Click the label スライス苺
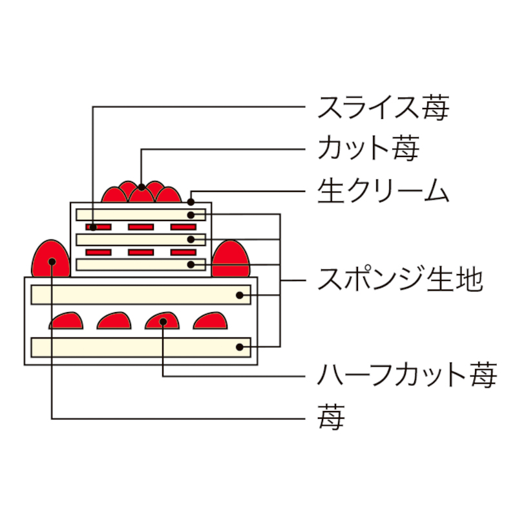click(x=383, y=107)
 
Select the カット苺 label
click(x=368, y=149)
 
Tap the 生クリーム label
click(x=383, y=191)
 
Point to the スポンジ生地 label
click(x=400, y=280)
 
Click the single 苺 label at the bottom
click(x=331, y=417)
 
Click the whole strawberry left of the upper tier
click(x=51, y=258)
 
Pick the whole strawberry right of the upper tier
click(x=231, y=258)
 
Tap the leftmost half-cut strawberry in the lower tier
click(x=66, y=321)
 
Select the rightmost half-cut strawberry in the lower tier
click(x=211, y=321)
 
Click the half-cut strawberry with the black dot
click(x=162, y=321)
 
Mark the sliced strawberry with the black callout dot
click(x=98, y=227)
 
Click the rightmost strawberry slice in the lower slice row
click(x=184, y=252)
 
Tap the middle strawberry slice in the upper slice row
click(x=141, y=227)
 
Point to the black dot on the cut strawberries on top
click(x=142, y=187)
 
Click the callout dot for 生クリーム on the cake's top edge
click(x=191, y=202)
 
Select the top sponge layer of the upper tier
click(x=141, y=215)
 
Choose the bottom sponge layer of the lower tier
click(x=141, y=347)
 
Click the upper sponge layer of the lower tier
click(x=141, y=295)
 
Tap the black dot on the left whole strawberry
click(x=52, y=262)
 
